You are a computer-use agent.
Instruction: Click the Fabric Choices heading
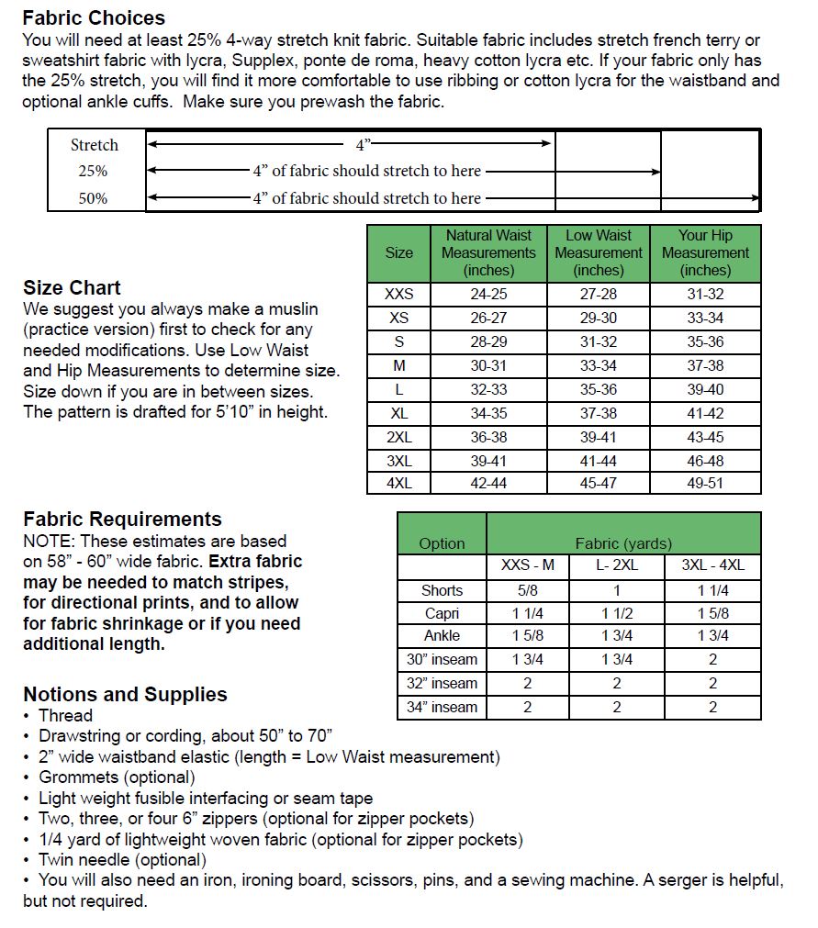pos(94,17)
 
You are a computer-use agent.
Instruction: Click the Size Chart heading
pos(72,287)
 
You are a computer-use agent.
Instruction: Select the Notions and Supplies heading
pos(125,694)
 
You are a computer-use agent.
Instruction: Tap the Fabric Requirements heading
pos(122,520)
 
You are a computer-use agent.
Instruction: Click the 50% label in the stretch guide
pos(93,198)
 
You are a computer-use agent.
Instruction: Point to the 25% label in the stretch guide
pos(93,171)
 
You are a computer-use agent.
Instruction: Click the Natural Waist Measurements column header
pos(488,252)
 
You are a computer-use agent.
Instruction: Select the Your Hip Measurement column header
pos(705,252)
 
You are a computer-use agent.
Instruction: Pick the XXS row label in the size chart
pos(398,295)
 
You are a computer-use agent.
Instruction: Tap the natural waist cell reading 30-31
pos(488,365)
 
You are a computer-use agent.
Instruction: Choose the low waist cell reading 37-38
pos(598,413)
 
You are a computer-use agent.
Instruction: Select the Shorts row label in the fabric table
pos(442,590)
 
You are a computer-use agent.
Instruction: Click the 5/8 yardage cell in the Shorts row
pos(527,590)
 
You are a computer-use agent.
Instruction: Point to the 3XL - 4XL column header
pos(712,565)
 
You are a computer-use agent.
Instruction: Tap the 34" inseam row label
pos(442,707)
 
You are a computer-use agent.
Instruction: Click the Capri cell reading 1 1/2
pos(616,613)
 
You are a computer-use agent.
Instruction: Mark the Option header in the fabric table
pos(442,543)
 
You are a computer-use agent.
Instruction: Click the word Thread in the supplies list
pos(65,715)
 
